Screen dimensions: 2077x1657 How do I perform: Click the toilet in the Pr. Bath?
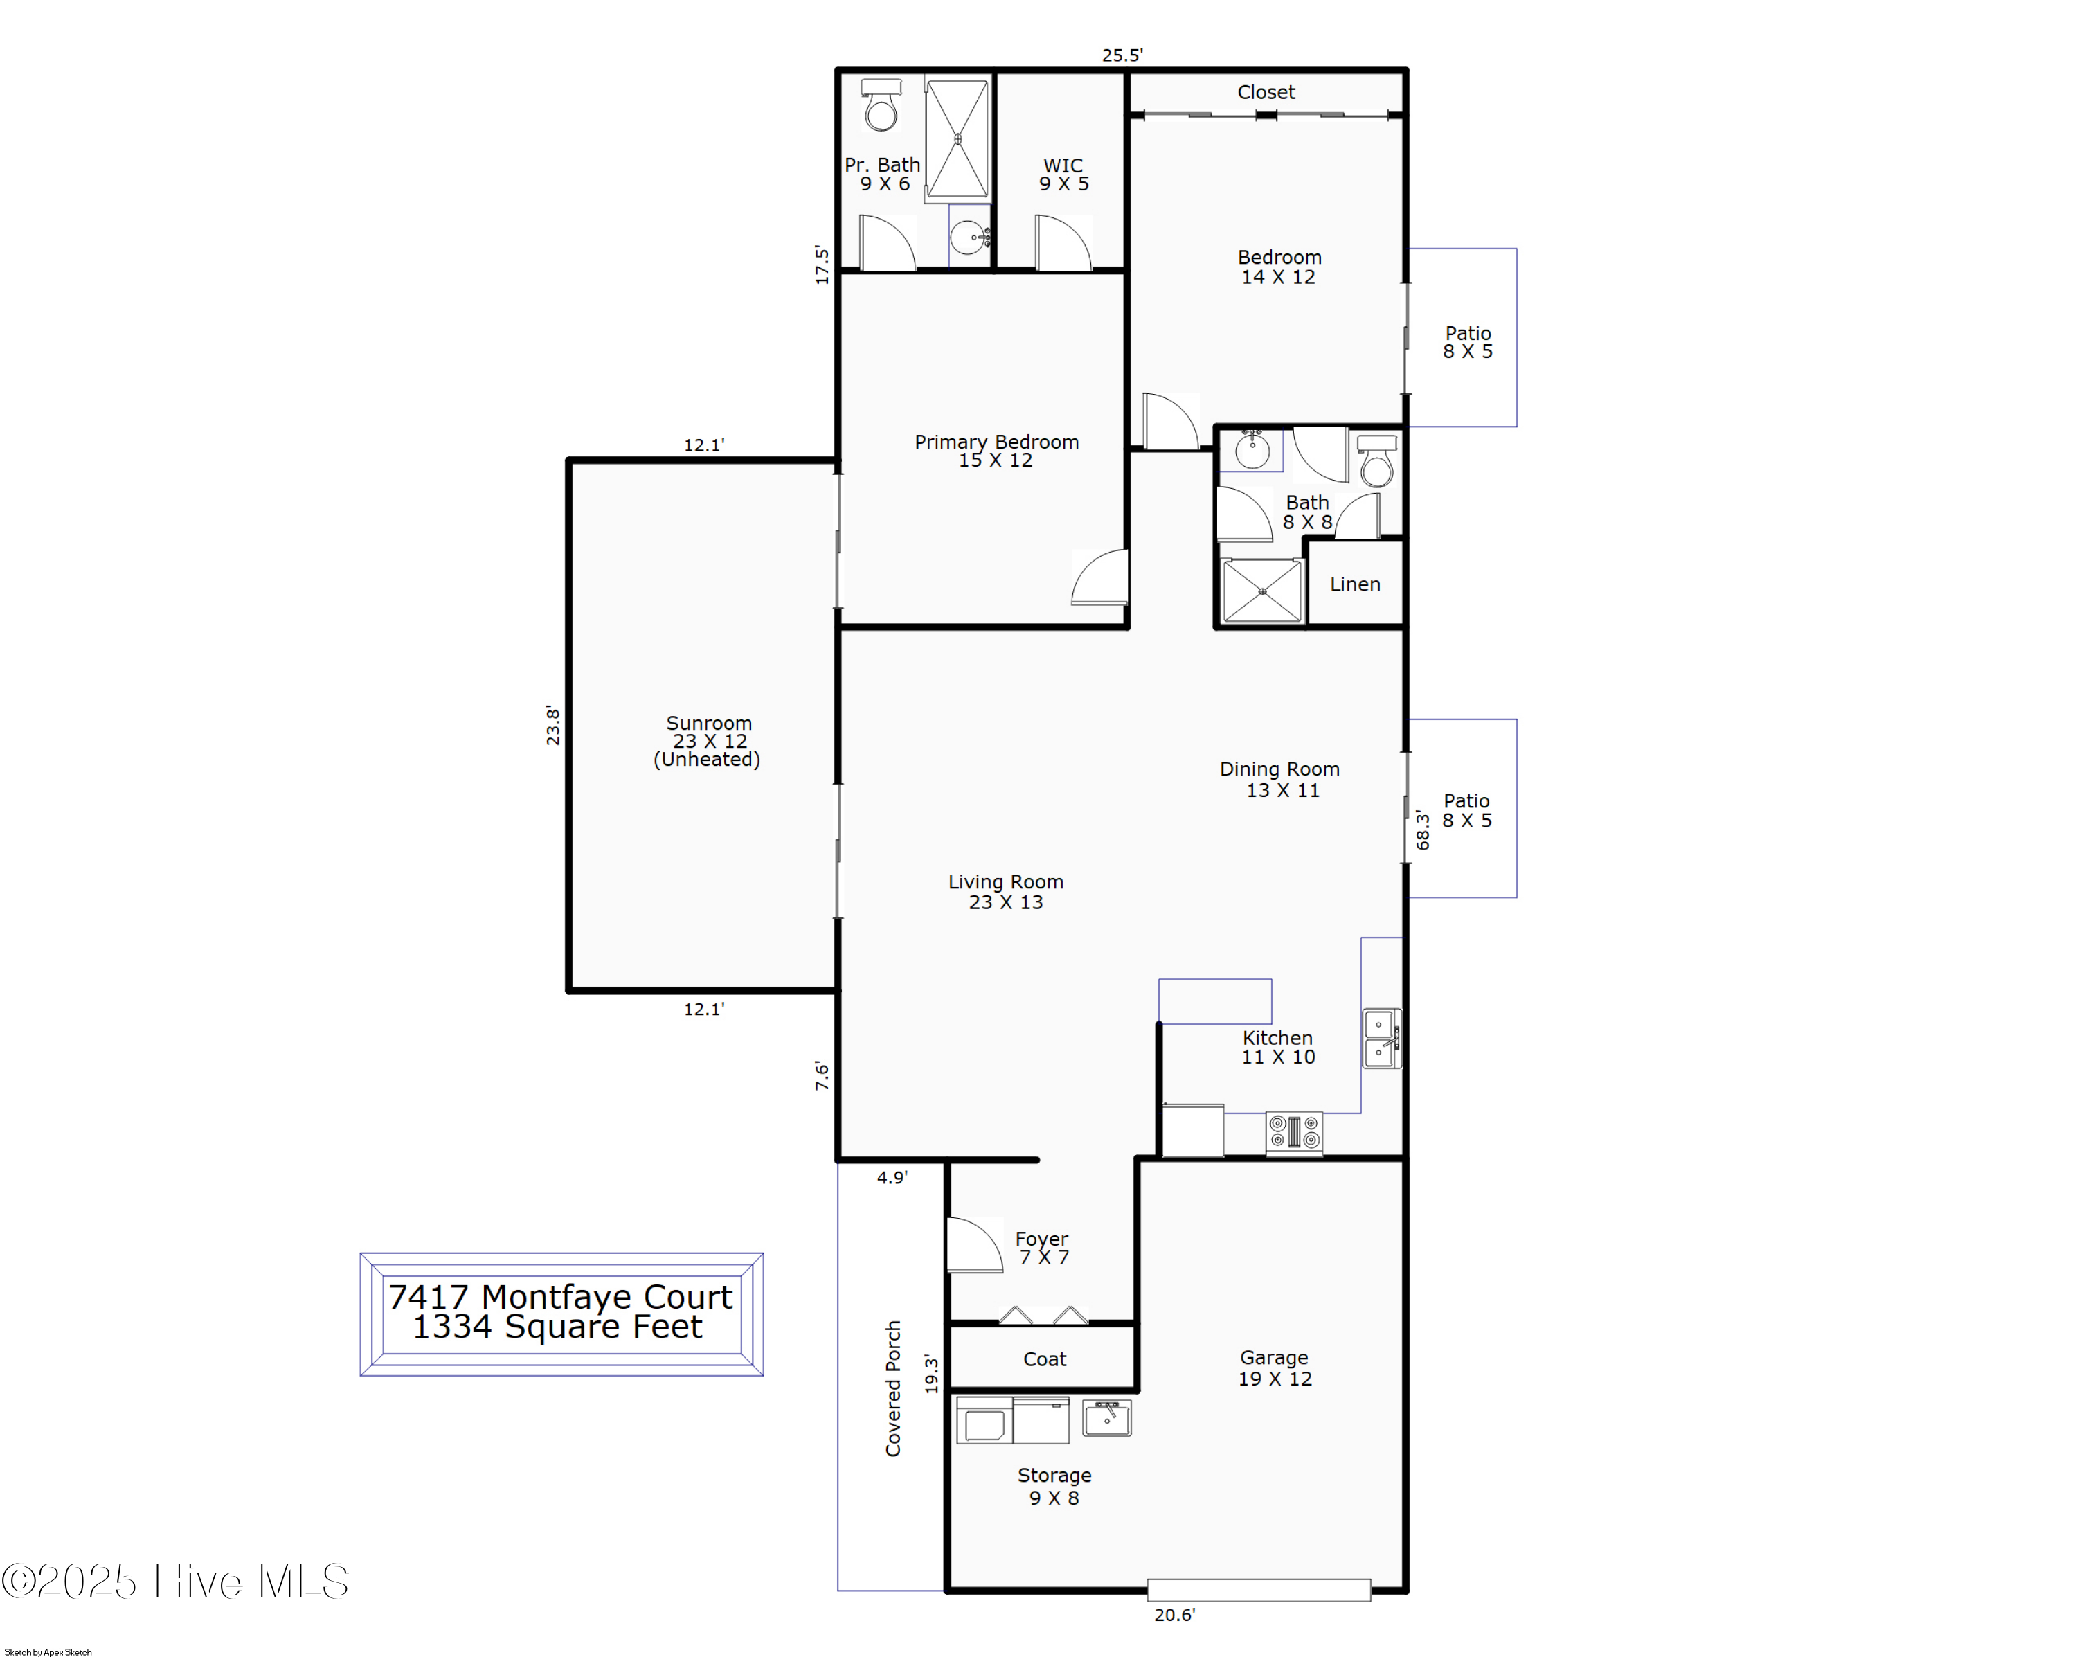881,105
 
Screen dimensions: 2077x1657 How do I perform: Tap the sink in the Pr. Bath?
970,236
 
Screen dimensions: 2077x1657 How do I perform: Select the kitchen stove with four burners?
1294,1132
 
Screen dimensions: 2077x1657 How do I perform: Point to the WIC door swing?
1063,243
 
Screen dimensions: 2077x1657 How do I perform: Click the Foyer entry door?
975,1245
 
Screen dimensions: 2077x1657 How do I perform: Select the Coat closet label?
1044,1359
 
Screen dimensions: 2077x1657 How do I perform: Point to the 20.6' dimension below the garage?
1174,1615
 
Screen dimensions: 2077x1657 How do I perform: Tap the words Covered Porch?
894,1388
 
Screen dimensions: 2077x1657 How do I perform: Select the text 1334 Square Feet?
558,1327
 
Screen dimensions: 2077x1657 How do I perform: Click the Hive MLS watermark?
175,1581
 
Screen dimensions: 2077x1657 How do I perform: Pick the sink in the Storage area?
1107,1418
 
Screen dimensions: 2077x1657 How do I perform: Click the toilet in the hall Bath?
1376,460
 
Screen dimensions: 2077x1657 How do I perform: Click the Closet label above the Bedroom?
1266,93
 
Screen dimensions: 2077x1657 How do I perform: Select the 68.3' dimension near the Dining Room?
1423,830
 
